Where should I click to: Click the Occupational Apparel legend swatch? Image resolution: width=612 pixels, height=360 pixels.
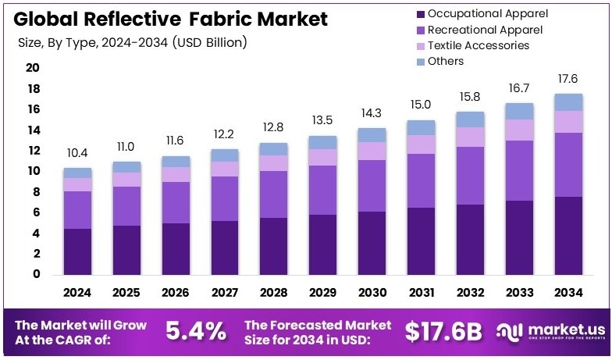[x=421, y=14]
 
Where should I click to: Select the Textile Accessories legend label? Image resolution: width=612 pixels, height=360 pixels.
[x=479, y=45]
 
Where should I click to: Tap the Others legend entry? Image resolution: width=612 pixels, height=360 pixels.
[x=446, y=61]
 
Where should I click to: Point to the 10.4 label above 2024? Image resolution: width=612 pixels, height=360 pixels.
[x=77, y=152]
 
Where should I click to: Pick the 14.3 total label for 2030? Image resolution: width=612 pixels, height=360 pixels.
[x=372, y=112]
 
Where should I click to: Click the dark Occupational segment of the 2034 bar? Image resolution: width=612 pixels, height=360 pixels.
[x=568, y=235]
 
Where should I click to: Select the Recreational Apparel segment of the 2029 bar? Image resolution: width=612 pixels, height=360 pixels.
[x=322, y=190]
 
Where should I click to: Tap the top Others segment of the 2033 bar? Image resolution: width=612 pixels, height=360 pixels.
[x=519, y=111]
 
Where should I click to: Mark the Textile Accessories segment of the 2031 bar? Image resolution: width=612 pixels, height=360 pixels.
[x=421, y=144]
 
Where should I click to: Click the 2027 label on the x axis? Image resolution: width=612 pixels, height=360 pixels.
[x=225, y=293]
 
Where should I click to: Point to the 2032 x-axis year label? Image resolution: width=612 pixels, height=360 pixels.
[x=470, y=293]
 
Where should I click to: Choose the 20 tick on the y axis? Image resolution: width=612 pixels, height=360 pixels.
[x=32, y=68]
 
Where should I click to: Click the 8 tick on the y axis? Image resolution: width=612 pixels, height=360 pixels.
[x=35, y=192]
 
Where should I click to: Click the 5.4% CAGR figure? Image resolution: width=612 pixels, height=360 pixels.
[x=197, y=331]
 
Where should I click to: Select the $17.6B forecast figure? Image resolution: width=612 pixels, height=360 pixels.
[x=443, y=331]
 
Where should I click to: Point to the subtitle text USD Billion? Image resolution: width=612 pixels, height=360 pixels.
[x=205, y=42]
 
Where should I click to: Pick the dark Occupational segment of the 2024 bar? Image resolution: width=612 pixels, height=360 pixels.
[x=77, y=251]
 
